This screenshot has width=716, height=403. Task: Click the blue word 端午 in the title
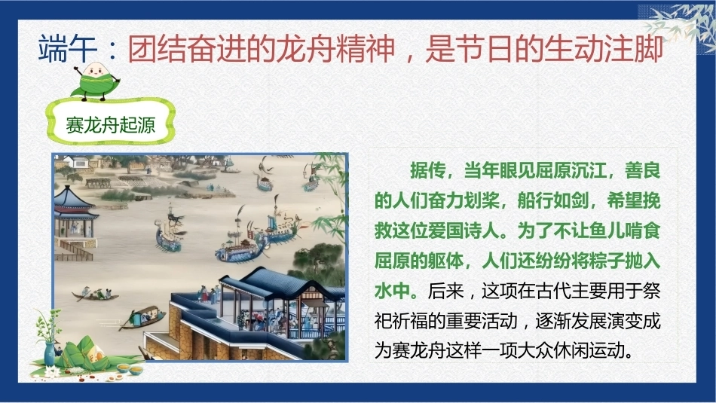[68, 49]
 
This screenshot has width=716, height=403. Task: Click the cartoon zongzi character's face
[96, 71]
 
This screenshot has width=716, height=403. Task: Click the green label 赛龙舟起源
[111, 124]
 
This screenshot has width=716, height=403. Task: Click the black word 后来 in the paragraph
[445, 291]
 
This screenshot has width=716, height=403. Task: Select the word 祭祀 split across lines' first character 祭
[651, 291]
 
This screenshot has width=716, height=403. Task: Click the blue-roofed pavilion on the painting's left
[75, 215]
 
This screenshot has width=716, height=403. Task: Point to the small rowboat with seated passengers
[95, 295]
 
